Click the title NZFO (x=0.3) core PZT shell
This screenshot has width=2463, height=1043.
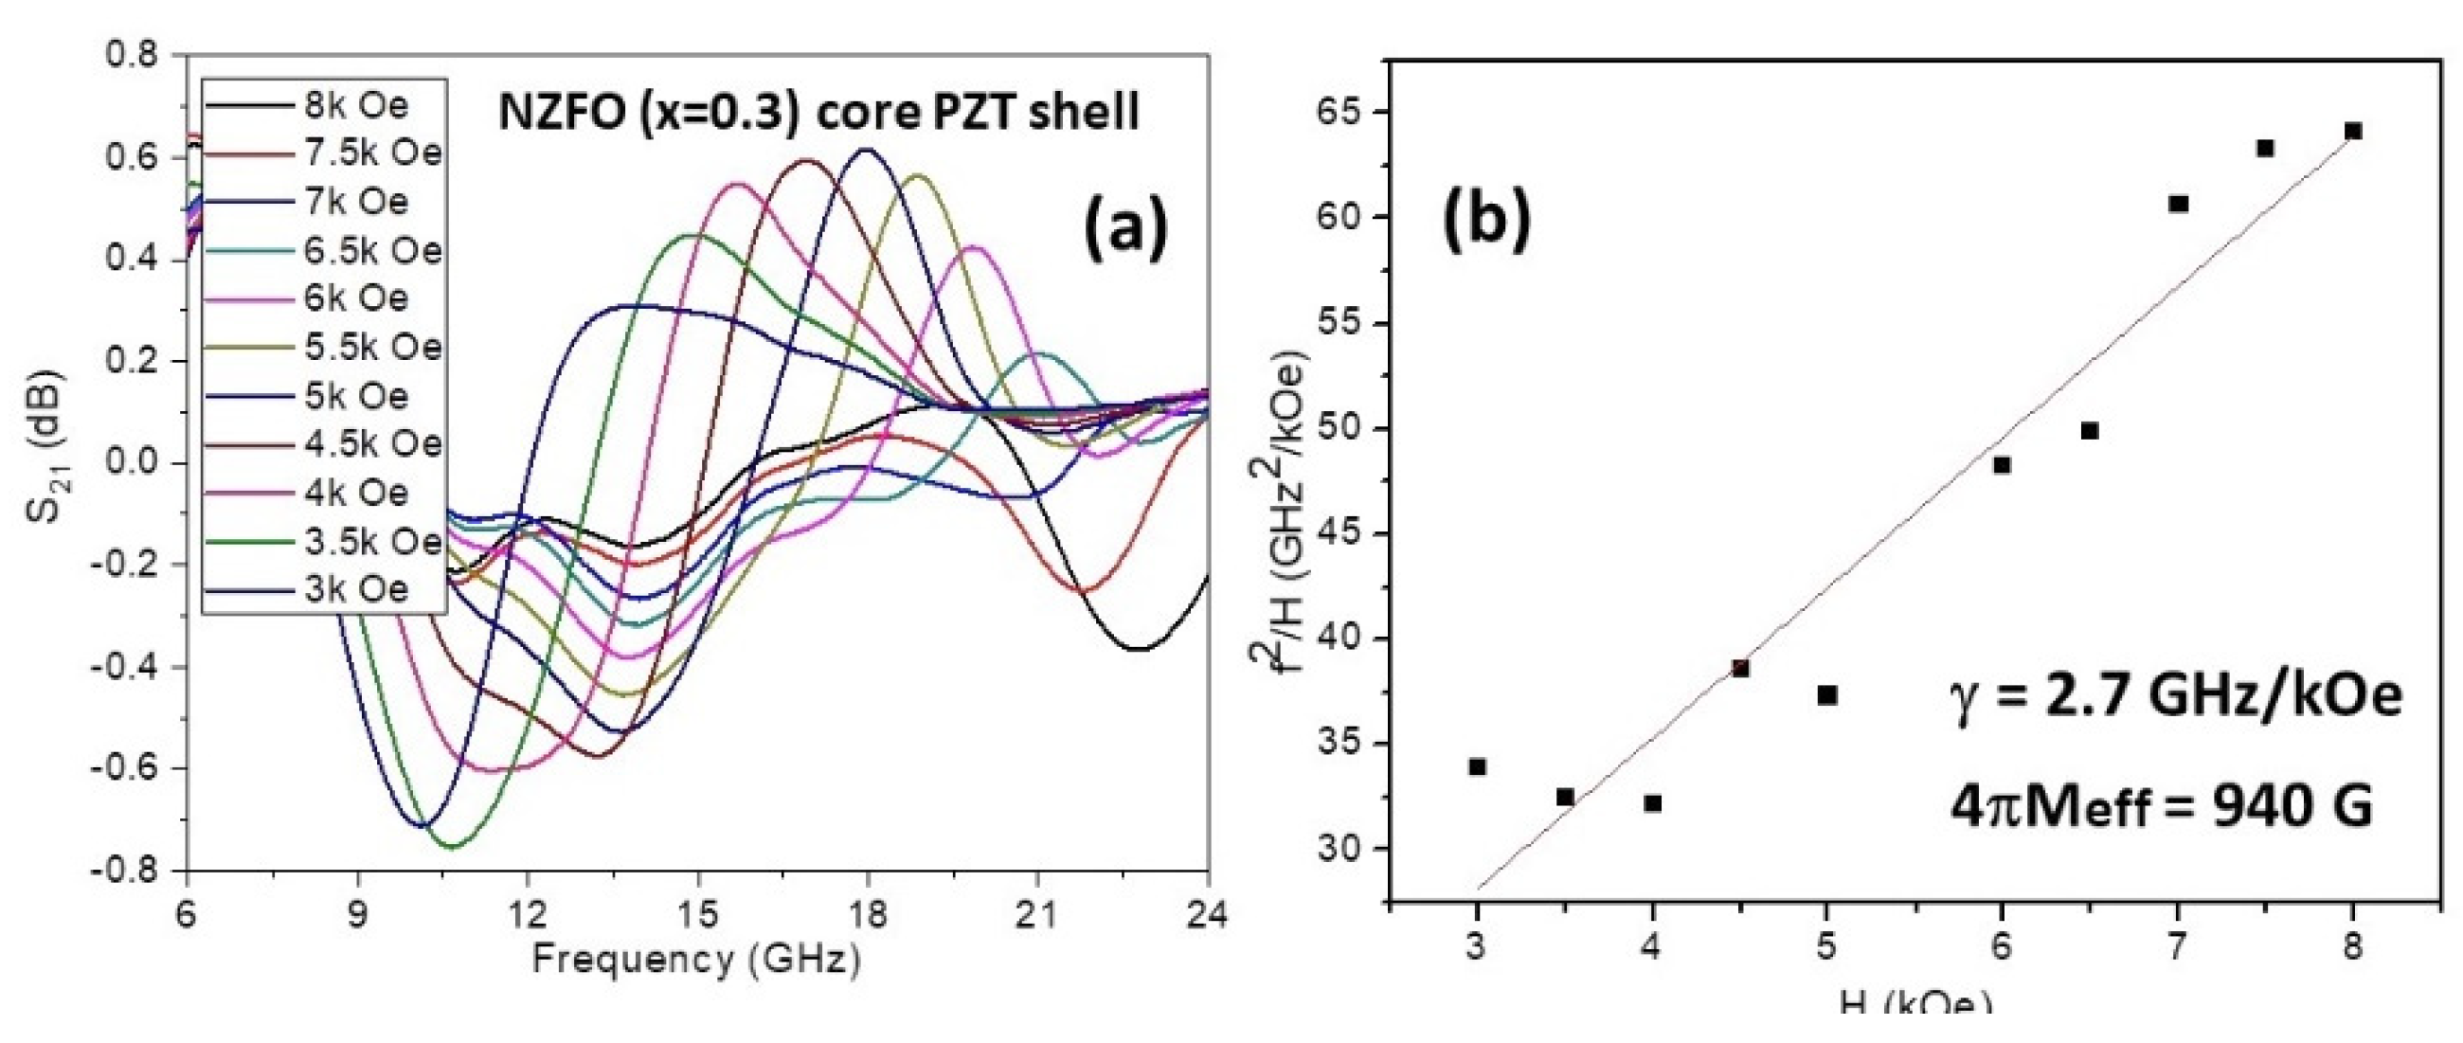[819, 112]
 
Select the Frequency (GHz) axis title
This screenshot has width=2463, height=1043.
[696, 959]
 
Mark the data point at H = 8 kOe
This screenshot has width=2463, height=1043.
[2353, 131]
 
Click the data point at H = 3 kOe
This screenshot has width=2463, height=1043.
[1477, 766]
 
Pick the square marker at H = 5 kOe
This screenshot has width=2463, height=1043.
[1827, 695]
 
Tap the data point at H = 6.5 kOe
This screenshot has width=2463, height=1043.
[2090, 431]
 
